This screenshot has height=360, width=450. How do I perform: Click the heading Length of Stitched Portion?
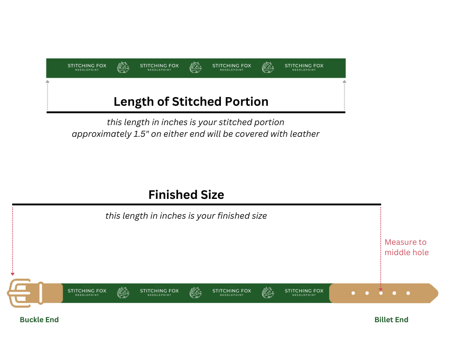click(191, 102)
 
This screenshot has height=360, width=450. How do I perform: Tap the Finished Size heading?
click(186, 195)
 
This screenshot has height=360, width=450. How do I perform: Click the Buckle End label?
click(39, 319)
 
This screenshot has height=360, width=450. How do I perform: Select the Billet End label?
click(391, 319)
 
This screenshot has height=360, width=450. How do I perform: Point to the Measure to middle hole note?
click(407, 247)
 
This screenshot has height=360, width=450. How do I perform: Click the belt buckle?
click(19, 293)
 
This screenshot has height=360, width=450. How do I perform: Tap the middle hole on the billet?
click(381, 293)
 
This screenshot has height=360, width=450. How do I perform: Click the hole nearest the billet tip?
click(408, 293)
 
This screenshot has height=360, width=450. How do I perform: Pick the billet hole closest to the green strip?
click(353, 293)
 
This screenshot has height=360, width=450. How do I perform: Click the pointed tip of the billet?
click(438, 293)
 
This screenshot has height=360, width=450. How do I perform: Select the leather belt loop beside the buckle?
click(41, 293)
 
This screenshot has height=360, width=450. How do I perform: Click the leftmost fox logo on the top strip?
click(123, 67)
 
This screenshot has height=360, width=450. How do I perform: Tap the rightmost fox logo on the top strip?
click(268, 67)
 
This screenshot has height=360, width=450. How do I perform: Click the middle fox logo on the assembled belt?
click(195, 292)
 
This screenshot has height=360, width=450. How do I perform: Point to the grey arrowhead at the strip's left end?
click(48, 82)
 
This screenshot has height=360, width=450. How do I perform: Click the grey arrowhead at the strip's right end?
click(344, 82)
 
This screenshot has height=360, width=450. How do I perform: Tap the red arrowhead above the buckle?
click(13, 274)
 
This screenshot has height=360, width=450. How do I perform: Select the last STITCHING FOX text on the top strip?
click(304, 66)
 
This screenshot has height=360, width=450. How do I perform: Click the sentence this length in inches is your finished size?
click(186, 216)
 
